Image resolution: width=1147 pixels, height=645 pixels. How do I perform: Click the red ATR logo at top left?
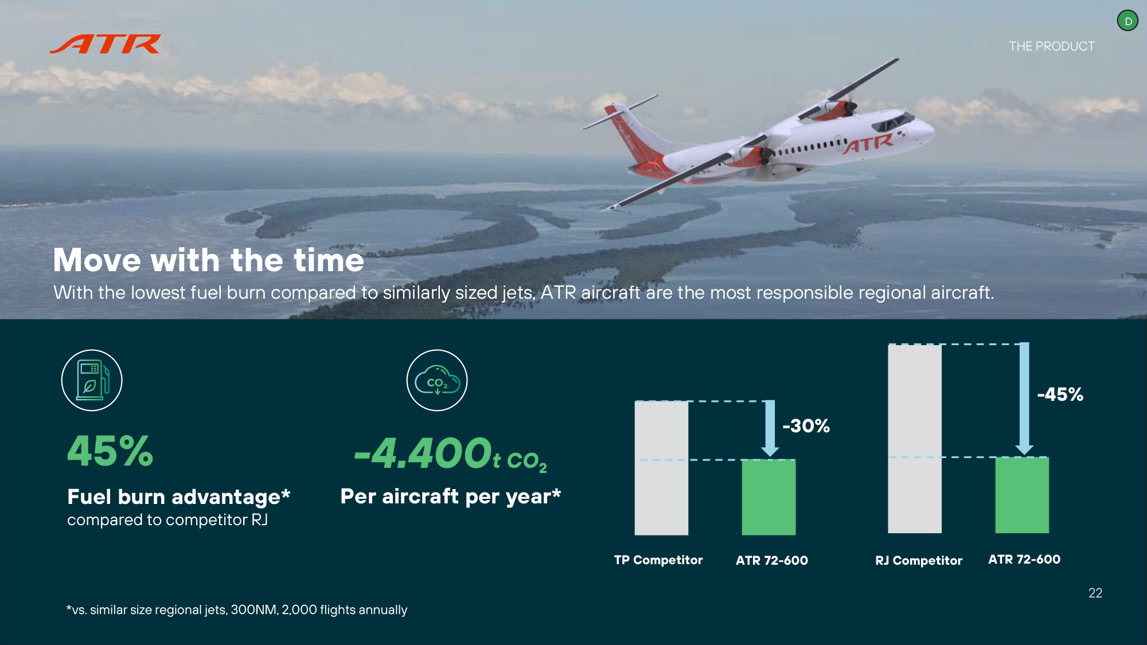[105, 44]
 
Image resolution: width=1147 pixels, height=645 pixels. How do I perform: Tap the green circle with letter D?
[1128, 21]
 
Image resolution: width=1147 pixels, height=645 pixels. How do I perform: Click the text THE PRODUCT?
[1052, 46]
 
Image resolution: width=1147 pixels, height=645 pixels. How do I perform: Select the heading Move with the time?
[209, 260]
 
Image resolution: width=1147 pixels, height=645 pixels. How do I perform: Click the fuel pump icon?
[92, 380]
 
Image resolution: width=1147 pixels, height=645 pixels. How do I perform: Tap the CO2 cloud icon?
[437, 380]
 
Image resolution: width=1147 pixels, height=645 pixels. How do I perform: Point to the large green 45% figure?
[111, 451]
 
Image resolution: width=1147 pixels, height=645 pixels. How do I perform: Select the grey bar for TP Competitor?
[661, 468]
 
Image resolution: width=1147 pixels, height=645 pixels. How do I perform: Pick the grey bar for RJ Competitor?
[915, 439]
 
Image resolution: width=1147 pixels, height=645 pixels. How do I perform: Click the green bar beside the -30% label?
[768, 497]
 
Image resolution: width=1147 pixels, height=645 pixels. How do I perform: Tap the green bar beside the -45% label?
[1022, 495]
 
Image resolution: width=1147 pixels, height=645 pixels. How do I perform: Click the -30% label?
[806, 426]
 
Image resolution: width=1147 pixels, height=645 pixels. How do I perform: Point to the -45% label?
[1060, 394]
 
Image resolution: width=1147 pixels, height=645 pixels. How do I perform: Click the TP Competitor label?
[658, 560]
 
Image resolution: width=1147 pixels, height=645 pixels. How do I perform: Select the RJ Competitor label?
[919, 561]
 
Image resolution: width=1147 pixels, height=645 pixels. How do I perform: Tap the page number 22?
[1095, 593]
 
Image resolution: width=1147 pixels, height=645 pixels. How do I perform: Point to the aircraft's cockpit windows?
[892, 122]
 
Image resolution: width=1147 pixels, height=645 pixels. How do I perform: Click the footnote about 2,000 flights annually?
[237, 610]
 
